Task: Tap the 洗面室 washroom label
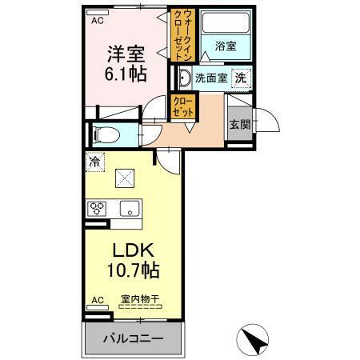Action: (210, 78)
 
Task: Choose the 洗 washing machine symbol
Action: (241, 78)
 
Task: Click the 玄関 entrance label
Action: (238, 124)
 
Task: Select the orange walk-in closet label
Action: (180, 36)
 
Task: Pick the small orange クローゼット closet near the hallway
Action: (179, 108)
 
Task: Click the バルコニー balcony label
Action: (133, 338)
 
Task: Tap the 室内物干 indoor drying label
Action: (140, 300)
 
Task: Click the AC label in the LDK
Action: (97, 301)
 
